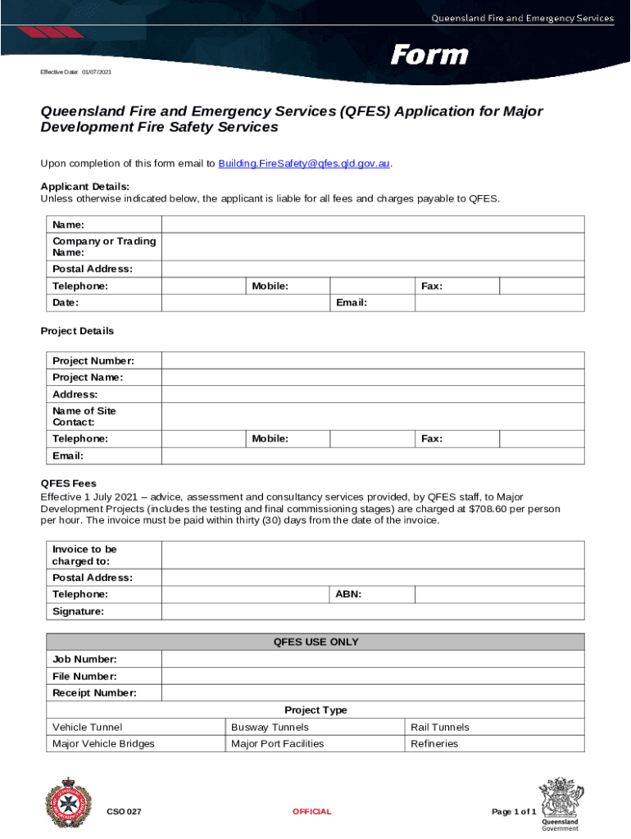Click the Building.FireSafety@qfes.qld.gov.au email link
point(303,164)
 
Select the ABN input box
point(499,594)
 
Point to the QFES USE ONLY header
point(315,642)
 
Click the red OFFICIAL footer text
point(312,812)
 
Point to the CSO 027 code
point(124,812)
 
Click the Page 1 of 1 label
point(514,812)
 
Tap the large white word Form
point(429,56)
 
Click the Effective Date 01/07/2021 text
point(76,73)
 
